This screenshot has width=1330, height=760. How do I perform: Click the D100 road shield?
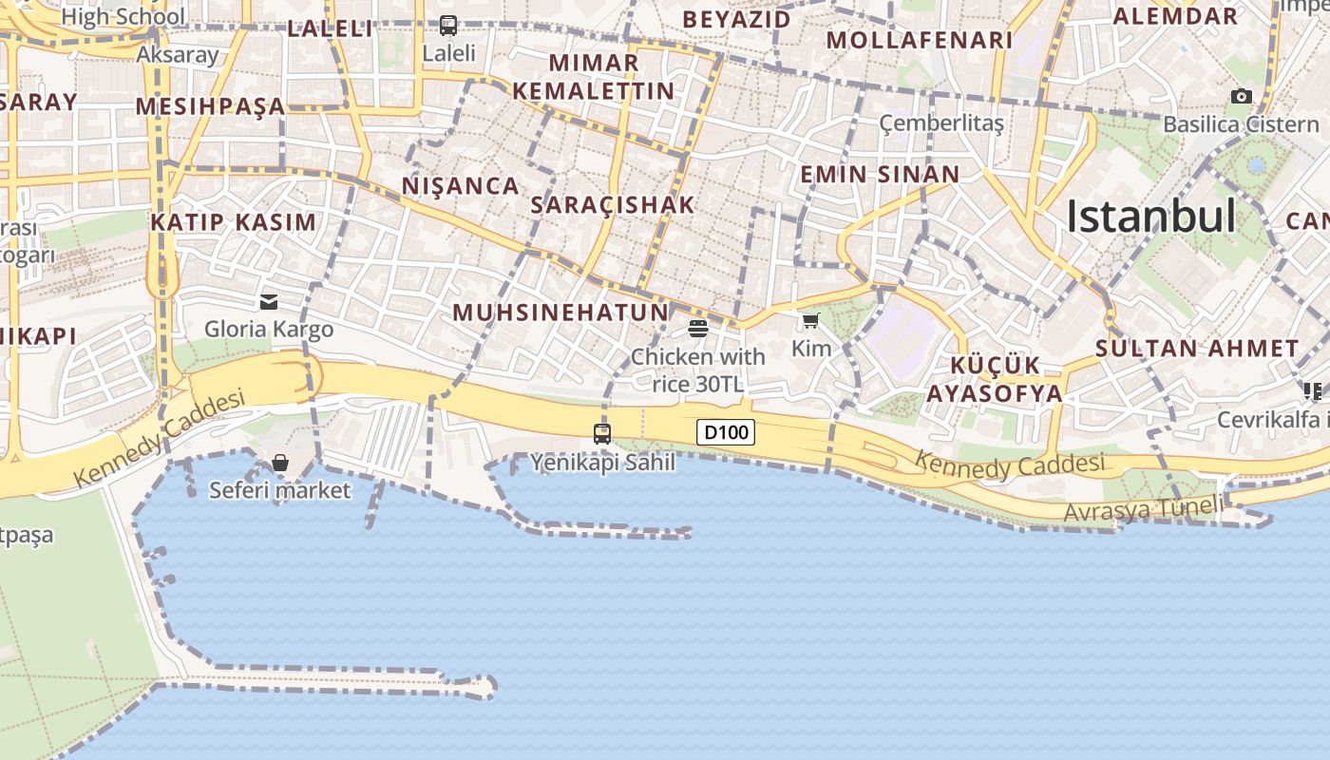(727, 433)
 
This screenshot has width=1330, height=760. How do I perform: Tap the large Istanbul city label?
(1150, 217)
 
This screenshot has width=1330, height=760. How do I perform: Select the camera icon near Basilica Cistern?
(1241, 96)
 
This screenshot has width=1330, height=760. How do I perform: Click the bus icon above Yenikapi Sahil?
(602, 434)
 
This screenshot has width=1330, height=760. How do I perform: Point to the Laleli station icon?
(448, 26)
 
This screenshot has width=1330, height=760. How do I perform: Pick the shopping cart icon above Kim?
(810, 321)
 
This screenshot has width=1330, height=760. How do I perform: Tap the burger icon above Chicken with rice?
(698, 329)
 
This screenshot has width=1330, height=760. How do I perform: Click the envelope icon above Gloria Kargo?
(269, 302)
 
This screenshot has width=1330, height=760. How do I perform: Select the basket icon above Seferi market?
(280, 463)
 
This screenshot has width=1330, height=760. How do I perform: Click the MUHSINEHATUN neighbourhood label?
(560, 313)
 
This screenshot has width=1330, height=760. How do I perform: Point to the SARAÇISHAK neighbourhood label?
(613, 204)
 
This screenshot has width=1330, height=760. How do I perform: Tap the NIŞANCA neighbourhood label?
(461, 185)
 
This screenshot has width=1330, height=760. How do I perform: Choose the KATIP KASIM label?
(233, 222)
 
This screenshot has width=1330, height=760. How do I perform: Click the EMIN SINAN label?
(880, 174)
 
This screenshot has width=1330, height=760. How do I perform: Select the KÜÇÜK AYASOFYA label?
(995, 379)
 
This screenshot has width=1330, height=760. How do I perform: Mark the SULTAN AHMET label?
(1197, 348)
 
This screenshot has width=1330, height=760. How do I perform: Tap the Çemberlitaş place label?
(941, 123)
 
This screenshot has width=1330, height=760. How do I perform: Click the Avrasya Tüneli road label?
(1144, 509)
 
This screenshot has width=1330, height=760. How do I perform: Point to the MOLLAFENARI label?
(920, 40)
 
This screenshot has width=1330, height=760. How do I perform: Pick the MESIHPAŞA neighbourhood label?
(210, 105)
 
